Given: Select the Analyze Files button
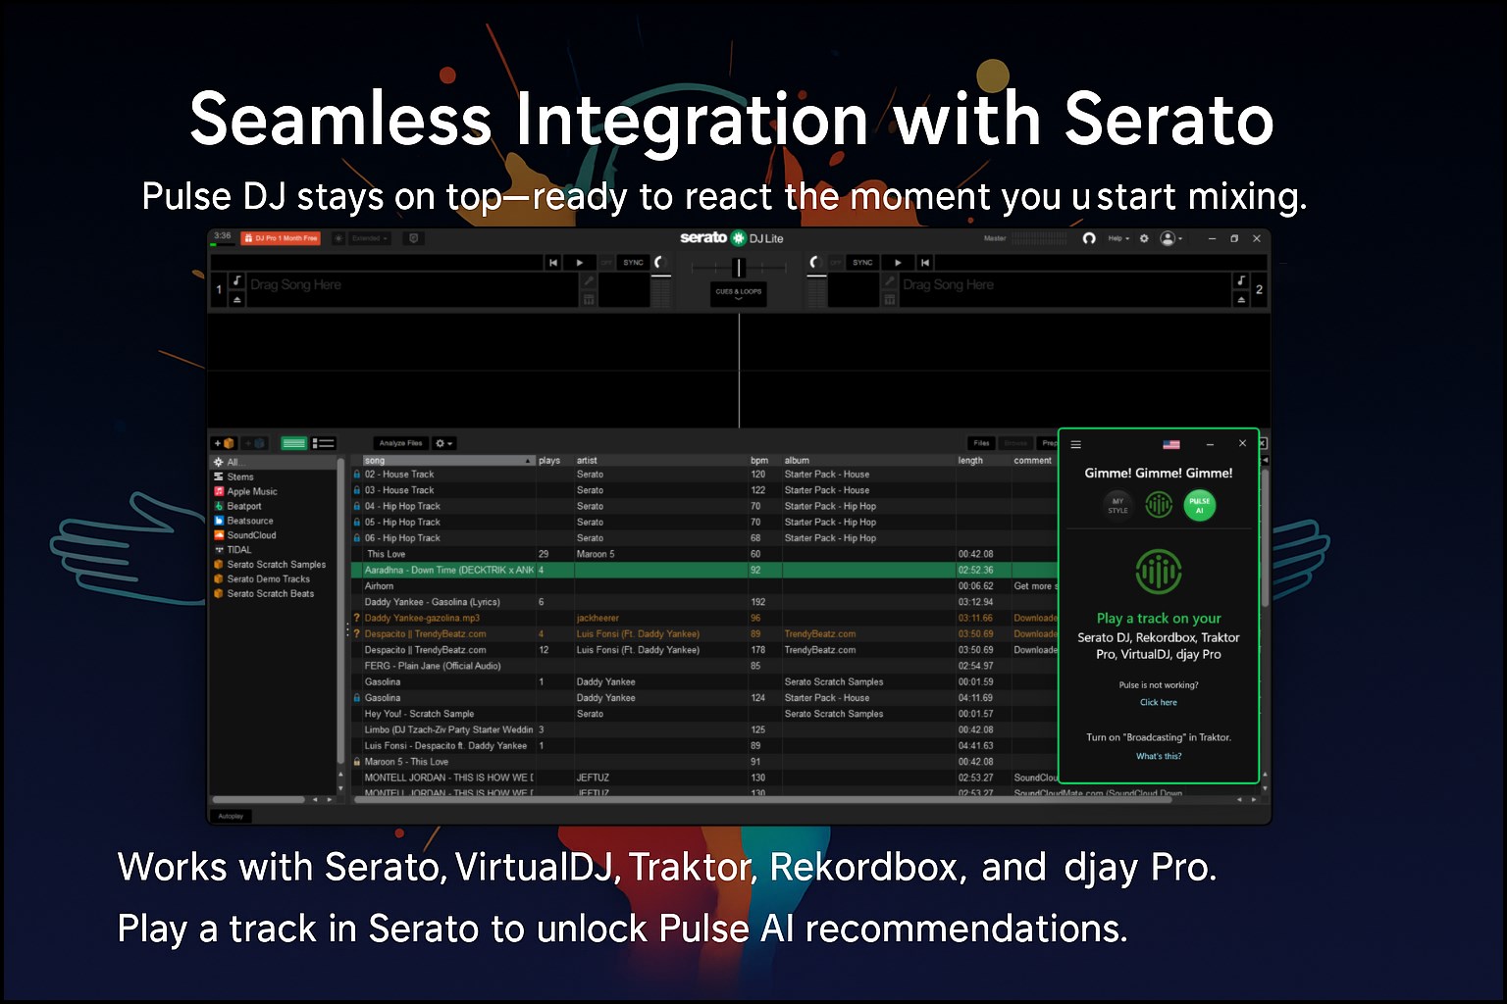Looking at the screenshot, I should coord(400,443).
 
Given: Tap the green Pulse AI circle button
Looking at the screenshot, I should coord(1199,505).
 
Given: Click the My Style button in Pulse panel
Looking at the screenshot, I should coord(1117,505).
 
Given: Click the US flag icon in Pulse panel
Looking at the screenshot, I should coord(1171,444).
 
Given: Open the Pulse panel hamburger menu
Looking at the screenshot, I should coord(1076,444).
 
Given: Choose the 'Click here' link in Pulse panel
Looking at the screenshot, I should coord(1158,702).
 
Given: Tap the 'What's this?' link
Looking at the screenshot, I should coord(1159,756).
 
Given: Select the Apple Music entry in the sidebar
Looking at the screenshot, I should coord(251,491).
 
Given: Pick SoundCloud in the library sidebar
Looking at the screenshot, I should coord(251,535).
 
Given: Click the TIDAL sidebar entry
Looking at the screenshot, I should coord(238,550).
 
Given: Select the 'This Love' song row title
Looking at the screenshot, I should coord(386,554).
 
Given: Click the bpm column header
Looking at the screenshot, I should coord(759,460).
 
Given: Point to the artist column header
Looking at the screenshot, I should coord(587,460).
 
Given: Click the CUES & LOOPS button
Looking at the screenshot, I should coord(738,292).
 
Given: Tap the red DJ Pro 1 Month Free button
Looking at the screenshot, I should coord(282,238).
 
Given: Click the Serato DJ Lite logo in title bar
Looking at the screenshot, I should coord(731,238).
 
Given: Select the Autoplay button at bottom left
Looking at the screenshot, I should coord(231,816).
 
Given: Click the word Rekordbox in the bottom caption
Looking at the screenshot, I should coord(862,868).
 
